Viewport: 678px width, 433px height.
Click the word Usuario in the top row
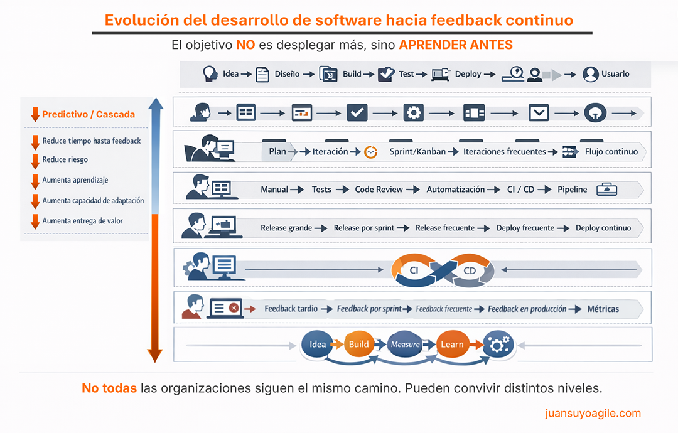click(x=615, y=74)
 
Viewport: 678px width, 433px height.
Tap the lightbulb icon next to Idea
click(x=210, y=74)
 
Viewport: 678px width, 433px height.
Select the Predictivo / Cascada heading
click(x=88, y=115)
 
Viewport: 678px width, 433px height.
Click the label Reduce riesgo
click(x=65, y=160)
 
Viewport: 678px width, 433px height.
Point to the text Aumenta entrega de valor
click(x=82, y=221)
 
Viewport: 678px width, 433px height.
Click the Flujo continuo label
click(x=611, y=152)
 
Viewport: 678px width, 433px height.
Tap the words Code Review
click(x=379, y=190)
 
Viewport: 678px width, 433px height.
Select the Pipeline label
click(x=572, y=190)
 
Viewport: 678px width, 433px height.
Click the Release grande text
click(x=286, y=228)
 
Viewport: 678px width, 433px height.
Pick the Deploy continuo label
click(x=603, y=228)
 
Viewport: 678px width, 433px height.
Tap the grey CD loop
click(x=470, y=270)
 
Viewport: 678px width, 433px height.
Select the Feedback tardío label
click(x=291, y=309)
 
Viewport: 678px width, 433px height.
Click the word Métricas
click(x=603, y=309)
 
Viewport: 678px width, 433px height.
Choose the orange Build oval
click(x=359, y=344)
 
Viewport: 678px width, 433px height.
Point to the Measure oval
click(x=405, y=344)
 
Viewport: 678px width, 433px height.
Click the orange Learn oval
click(x=452, y=344)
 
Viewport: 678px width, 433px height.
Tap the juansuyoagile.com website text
click(x=593, y=413)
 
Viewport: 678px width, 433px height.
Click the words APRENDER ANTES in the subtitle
click(x=456, y=45)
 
